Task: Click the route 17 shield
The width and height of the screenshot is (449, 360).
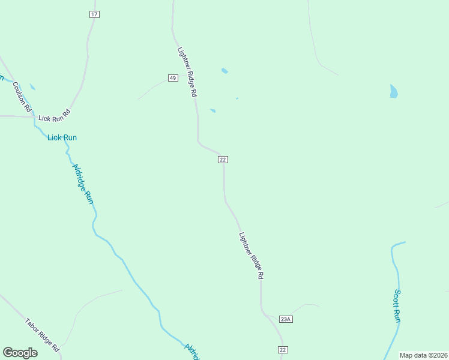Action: coord(94,14)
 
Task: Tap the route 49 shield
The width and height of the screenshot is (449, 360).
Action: coord(173,78)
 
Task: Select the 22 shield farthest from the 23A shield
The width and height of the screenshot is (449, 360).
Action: coord(223,159)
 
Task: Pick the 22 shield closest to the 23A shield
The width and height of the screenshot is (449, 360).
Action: coord(283,350)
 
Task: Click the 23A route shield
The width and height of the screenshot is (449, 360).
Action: coord(286,319)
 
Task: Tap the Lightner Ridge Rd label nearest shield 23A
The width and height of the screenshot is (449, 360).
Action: coord(252,256)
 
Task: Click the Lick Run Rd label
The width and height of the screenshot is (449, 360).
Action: coord(55,115)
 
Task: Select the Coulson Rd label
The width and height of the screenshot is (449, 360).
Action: coord(22,98)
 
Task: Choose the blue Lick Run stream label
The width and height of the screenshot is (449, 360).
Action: coord(62,137)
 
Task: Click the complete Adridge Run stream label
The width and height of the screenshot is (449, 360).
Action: coord(83,184)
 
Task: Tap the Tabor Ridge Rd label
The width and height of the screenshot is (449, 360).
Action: coord(43,335)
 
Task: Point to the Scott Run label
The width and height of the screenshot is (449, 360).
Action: coord(397,306)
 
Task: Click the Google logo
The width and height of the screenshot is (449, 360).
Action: coord(20,353)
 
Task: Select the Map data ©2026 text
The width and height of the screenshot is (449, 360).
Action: coord(423,355)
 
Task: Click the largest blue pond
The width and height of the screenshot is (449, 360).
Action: coord(394,91)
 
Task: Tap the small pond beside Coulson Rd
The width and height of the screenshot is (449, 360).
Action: coord(32,87)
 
